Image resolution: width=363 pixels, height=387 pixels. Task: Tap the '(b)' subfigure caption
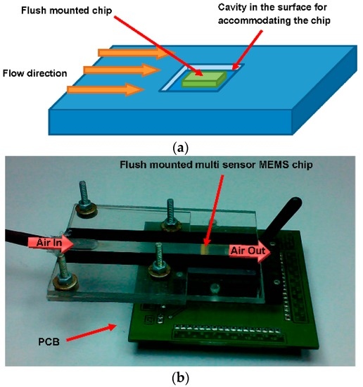click(x=181, y=377)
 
